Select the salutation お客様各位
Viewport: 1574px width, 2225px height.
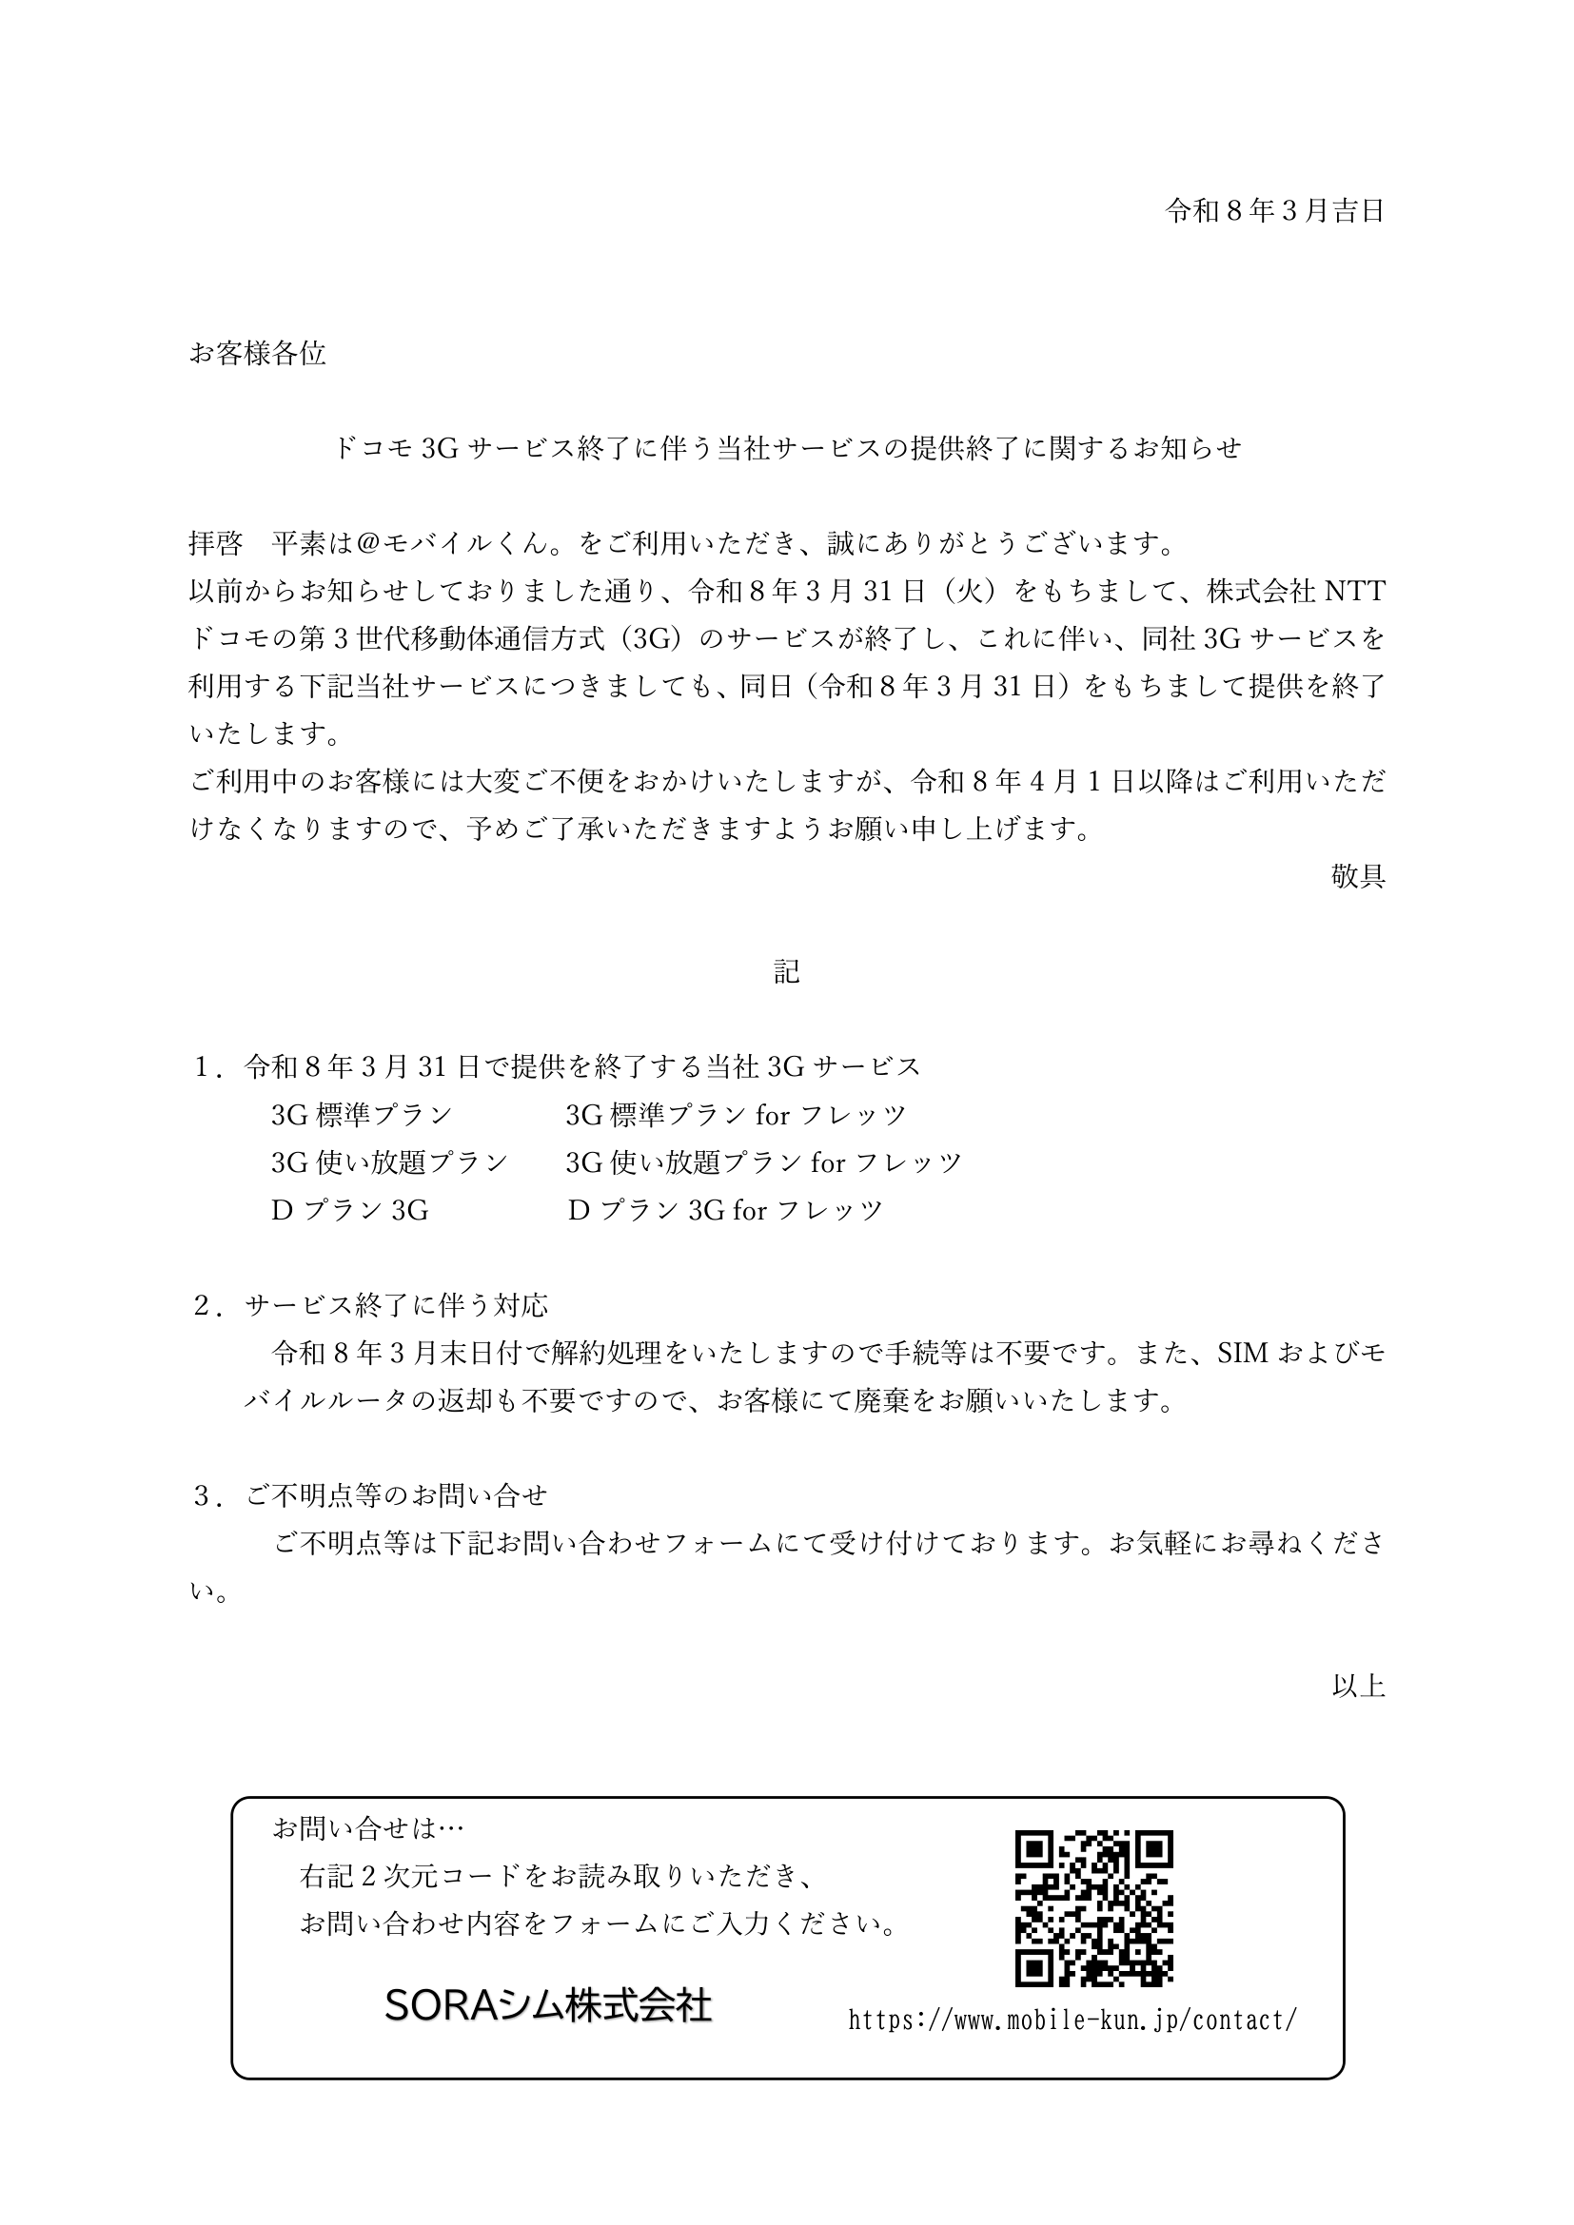(x=257, y=354)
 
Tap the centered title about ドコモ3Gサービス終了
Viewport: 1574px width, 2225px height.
(x=786, y=448)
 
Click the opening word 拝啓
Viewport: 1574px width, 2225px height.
(x=215, y=544)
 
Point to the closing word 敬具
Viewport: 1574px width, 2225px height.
(x=1358, y=876)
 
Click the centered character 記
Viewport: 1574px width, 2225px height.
(x=786, y=972)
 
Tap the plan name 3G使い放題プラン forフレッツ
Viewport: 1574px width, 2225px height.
(x=764, y=1161)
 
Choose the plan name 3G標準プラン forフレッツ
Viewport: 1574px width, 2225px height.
(x=736, y=1115)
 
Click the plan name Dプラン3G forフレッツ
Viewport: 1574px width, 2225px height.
(x=725, y=1209)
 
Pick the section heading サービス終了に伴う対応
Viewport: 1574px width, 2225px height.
(x=397, y=1305)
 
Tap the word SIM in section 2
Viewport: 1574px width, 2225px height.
(x=1243, y=1353)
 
